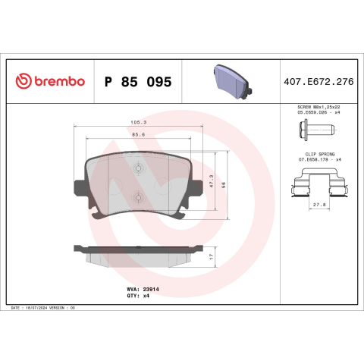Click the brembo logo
click(50, 81)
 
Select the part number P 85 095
click(138, 82)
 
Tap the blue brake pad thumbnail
click(233, 82)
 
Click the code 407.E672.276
click(318, 82)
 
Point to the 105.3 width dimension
click(139, 122)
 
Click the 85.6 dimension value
click(139, 135)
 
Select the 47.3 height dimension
click(212, 181)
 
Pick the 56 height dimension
click(224, 185)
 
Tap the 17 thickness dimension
click(212, 256)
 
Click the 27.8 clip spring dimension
click(319, 205)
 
